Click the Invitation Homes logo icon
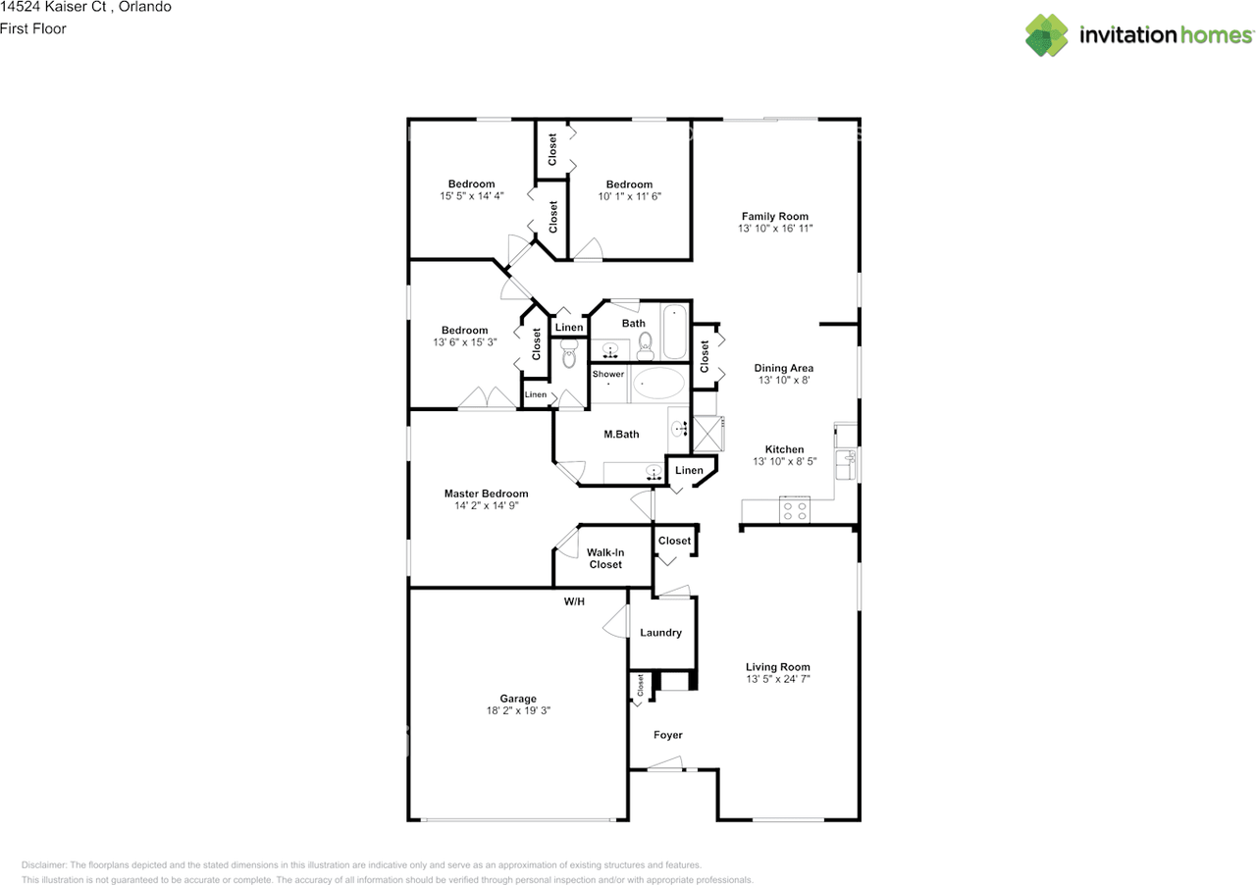1047,35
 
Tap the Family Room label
775,216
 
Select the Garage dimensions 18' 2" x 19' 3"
518,711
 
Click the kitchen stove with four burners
794,510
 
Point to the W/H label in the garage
574,601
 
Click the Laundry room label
660,633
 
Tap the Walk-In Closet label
605,558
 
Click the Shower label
607,374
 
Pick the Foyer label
668,735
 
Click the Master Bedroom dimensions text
486,506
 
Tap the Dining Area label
783,368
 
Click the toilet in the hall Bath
646,342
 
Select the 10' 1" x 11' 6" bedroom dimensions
629,196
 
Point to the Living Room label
778,667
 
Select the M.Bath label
621,435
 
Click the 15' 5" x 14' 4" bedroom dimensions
472,196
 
